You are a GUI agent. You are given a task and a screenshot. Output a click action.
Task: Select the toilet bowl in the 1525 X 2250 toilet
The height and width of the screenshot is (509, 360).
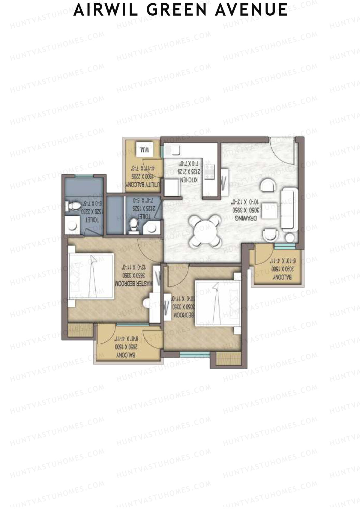point(73,205)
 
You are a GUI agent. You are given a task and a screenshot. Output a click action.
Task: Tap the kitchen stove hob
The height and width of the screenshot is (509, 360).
point(209,172)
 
